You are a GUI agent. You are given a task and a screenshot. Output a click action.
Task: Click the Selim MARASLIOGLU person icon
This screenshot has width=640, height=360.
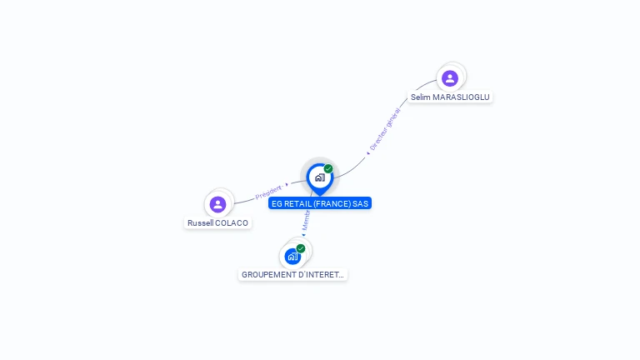pos(450,78)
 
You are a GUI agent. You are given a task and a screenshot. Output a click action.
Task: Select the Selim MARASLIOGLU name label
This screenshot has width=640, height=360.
pos(450,97)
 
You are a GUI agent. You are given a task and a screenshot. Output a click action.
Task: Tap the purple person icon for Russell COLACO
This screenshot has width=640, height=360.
pos(217,204)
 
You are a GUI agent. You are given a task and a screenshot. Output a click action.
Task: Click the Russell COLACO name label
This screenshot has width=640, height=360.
pos(217,223)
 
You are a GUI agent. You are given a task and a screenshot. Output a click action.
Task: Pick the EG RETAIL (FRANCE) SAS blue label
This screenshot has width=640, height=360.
pos(320,203)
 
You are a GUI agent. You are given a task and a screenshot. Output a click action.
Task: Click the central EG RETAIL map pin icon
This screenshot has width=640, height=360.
pos(319,177)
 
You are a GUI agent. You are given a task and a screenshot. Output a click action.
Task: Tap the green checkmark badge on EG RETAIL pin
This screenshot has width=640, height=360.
pos(328,169)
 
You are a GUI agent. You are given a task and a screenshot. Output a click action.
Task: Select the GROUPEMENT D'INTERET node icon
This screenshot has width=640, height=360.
pos(292,256)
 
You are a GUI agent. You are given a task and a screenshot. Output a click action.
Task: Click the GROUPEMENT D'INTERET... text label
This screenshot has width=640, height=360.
pos(292,275)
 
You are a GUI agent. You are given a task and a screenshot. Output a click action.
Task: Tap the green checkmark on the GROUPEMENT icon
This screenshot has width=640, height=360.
pos(301,248)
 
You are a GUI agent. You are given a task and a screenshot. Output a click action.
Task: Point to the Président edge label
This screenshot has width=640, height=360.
pos(268,191)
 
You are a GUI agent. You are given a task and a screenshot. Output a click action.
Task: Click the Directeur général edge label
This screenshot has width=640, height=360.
pos(384,129)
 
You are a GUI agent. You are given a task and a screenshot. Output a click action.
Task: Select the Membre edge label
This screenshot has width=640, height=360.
pos(306,221)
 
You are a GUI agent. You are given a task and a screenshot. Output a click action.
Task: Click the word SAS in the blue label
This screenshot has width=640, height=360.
pos(360,203)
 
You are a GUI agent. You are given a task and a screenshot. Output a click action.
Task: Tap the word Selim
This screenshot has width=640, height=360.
pos(421,97)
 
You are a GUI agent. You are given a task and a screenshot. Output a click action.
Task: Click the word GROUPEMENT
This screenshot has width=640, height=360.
pos(268,275)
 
